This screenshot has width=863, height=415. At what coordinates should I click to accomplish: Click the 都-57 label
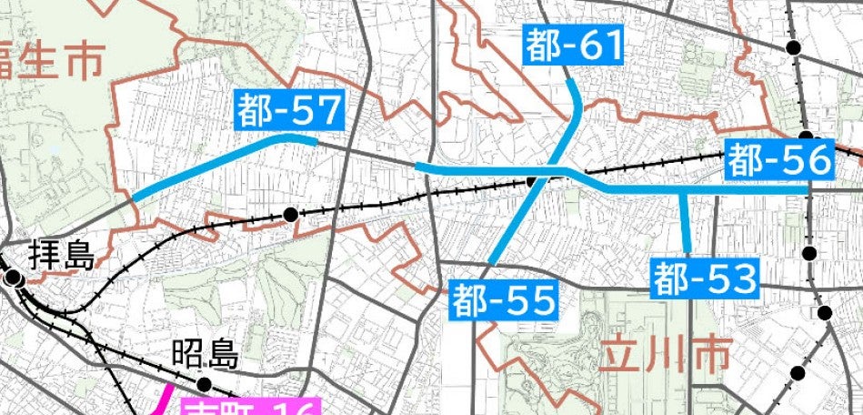288,110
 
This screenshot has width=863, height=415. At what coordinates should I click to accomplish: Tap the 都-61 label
574,46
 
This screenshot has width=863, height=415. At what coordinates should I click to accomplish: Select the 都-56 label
780,161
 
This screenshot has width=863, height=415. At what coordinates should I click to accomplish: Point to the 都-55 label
503,299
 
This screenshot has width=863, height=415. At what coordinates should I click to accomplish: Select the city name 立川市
664,352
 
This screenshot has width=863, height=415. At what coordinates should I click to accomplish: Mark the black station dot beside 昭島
204,384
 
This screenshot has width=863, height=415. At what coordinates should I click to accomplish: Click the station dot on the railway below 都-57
290,215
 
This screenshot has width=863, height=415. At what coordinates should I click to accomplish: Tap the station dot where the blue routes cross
534,181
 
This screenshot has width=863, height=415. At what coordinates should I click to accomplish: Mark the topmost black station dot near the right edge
794,47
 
